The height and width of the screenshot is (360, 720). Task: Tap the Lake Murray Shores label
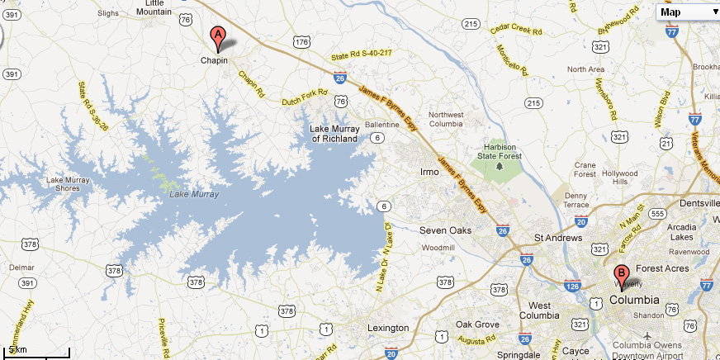pos(63,183)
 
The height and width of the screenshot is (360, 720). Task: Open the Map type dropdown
pos(689,12)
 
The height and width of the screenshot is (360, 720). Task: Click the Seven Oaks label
pos(445,230)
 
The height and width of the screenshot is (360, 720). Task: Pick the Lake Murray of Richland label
pos(334,134)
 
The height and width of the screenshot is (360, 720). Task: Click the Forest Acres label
pos(661,268)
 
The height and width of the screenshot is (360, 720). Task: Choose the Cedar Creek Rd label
pos(516,30)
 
